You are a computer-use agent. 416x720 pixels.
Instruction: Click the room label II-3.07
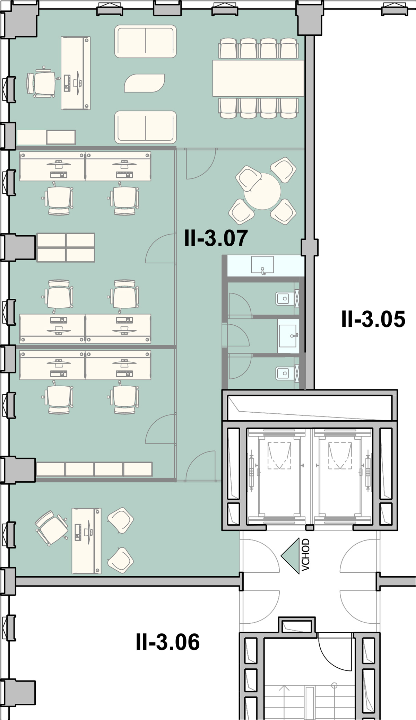216,238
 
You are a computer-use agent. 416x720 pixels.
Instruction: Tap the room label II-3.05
373,319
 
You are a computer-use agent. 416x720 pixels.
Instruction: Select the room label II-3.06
168,642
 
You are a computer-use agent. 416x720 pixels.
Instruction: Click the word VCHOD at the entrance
305,555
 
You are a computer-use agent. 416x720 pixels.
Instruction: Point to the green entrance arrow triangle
291,556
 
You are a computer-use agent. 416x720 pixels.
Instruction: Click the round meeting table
262,191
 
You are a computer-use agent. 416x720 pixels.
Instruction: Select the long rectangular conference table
258,78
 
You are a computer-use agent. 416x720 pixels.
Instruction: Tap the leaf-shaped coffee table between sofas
145,83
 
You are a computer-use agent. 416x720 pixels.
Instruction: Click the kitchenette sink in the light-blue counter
262,265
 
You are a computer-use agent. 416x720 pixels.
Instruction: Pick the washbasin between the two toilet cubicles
288,336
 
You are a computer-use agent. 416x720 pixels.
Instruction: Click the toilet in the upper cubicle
284,298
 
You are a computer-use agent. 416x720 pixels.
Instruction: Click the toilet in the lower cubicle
284,373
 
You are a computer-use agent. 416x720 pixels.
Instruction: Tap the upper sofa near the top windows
146,41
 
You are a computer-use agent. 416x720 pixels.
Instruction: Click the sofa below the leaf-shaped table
146,127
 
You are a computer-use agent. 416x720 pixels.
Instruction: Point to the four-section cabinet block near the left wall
66,247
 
